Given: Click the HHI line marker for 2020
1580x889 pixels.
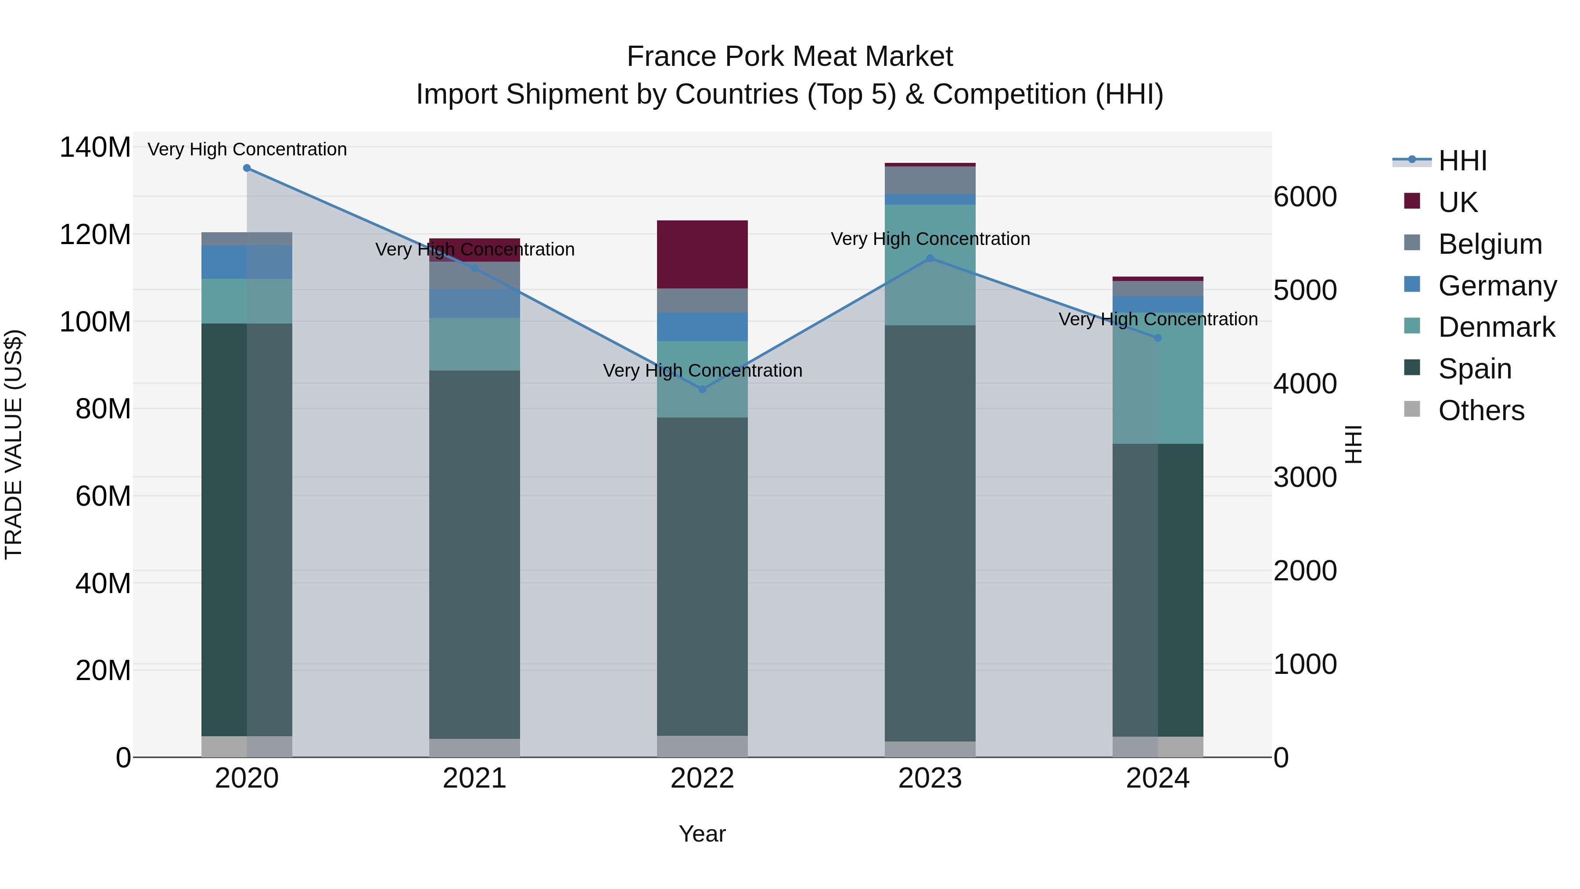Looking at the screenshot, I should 247,168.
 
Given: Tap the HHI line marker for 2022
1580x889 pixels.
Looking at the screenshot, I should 702,389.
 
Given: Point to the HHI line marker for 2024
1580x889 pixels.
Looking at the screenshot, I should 1157,338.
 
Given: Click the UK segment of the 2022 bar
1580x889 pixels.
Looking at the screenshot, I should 702,254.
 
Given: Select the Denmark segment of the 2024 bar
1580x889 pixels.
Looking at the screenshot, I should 1157,378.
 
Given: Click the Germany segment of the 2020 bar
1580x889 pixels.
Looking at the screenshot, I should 247,262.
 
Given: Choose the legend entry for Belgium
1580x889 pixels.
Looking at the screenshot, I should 1489,244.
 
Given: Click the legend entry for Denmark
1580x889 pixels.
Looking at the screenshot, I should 1496,327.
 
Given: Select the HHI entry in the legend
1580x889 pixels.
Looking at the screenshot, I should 1462,161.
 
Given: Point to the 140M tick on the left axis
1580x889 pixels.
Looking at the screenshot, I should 95,148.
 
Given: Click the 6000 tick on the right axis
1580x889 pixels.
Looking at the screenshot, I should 1305,197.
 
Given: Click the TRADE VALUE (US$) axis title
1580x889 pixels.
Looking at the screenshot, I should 14,444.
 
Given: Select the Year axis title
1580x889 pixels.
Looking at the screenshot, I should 702,834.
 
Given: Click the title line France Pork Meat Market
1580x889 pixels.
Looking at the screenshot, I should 790,57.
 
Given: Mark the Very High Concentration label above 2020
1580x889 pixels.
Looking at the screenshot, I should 247,149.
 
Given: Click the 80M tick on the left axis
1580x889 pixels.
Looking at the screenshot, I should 103,409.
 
